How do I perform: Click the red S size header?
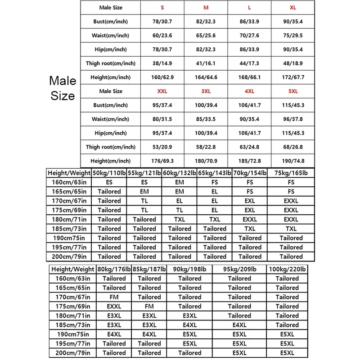pos(162,8)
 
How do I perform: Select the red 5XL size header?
pos(293,91)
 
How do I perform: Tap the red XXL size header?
pos(162,91)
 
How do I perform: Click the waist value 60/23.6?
pos(162,36)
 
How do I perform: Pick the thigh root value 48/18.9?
pos(293,63)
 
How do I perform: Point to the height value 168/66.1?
pos(249,77)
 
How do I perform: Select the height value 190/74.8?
pos(293,161)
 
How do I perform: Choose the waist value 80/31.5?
pos(162,119)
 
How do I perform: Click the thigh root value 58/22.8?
pos(206,147)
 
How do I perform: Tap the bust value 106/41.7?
pos(249,105)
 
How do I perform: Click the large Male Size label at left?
pos(63,88)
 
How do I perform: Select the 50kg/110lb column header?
pos(109,173)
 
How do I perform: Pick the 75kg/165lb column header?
pos(291,173)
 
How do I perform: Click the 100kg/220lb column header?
pos(287,269)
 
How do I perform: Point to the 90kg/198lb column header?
pos(190,269)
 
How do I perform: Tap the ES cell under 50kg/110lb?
pos(109,182)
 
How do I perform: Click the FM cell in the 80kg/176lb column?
pos(114,297)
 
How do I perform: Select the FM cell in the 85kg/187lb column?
pos(149,306)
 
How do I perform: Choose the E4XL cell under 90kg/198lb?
pos(190,325)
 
